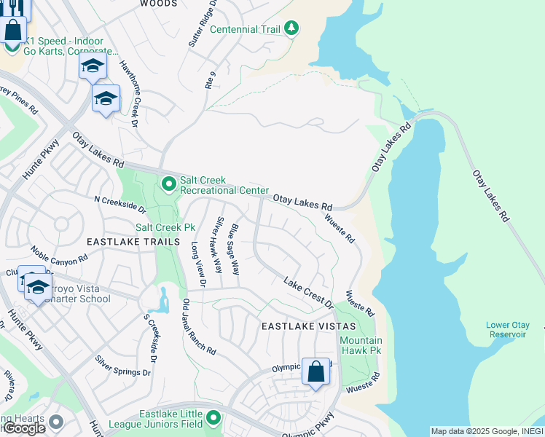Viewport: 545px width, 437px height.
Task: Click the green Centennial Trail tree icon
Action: [291, 28]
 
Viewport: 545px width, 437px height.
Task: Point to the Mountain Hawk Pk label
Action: [361, 345]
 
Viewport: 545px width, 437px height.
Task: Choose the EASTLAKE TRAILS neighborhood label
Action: [133, 242]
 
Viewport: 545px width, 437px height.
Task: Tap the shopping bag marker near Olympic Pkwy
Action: [315, 372]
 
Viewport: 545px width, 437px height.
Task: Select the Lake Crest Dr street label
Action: [307, 292]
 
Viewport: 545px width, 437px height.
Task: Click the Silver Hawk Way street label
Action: [219, 245]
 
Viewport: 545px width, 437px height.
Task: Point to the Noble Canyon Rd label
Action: [58, 255]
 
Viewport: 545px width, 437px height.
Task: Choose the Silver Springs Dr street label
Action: [122, 362]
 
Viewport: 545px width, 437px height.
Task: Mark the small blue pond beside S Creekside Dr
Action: [163, 299]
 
